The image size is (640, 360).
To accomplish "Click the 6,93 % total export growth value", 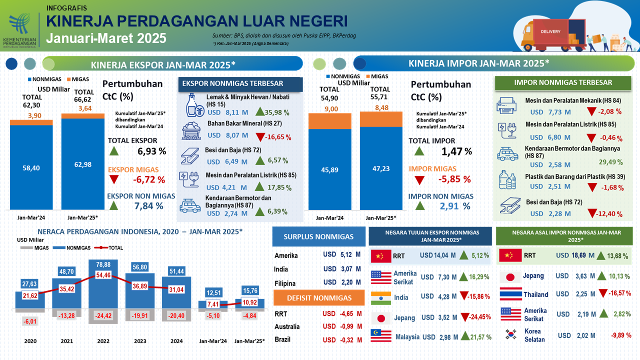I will (151, 151).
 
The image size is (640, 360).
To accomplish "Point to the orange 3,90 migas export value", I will (30, 115).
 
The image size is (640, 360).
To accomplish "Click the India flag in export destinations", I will (381, 297).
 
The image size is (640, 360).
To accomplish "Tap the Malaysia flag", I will (381, 336).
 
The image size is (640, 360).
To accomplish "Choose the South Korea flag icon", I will (510, 334).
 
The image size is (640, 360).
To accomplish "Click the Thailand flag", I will (510, 294).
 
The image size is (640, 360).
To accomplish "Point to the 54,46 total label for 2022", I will (103, 275).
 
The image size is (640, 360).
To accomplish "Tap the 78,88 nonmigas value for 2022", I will (103, 264).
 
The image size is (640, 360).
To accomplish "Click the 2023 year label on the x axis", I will (140, 341).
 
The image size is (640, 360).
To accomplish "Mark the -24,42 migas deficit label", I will (103, 316).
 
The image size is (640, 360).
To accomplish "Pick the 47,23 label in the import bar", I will (380, 169).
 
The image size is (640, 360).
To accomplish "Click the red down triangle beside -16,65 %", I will (260, 136).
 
